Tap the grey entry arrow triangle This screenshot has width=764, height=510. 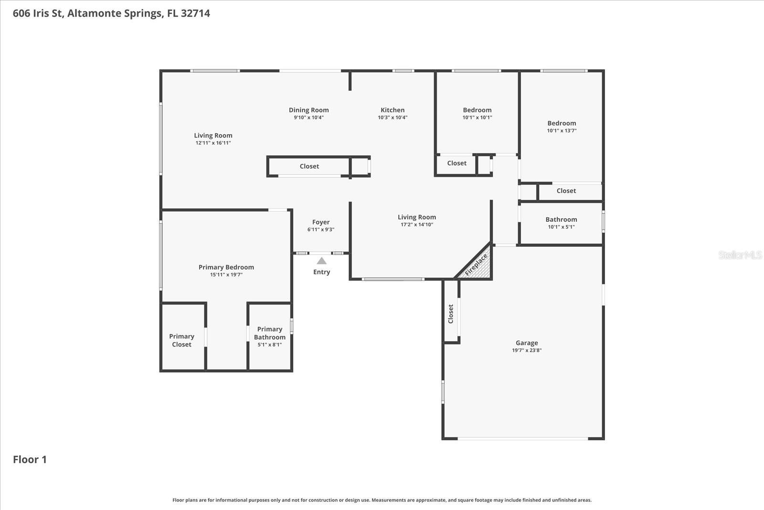[x=321, y=261]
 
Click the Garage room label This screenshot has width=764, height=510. [x=527, y=343]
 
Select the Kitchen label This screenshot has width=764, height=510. [x=393, y=110]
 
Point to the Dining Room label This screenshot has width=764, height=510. [x=308, y=110]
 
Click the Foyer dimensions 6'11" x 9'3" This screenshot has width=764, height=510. [x=321, y=229]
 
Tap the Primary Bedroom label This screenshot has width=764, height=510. [x=226, y=267]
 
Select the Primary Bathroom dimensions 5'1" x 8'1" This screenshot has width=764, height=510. [x=270, y=345]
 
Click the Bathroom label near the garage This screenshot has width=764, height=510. [x=561, y=219]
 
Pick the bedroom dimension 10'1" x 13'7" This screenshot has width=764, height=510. [x=562, y=130]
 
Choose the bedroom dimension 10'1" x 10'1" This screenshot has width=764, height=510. [x=477, y=118]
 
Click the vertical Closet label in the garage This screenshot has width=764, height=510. [x=451, y=314]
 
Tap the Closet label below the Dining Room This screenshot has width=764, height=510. [x=309, y=166]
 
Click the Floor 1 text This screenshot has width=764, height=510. [x=30, y=459]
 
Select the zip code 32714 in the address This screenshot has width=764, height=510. [x=195, y=13]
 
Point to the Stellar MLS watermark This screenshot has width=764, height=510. [x=740, y=255]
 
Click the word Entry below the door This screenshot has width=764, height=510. [x=321, y=272]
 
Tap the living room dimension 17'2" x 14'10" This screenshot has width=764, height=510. [x=417, y=225]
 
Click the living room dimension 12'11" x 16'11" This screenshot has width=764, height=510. [x=213, y=143]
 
